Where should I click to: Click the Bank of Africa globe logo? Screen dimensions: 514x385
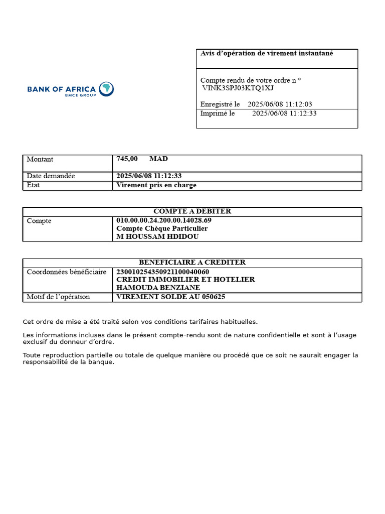click(x=106, y=89)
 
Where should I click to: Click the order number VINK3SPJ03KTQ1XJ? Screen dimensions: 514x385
click(x=238, y=88)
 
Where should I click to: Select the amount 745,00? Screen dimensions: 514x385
click(x=127, y=159)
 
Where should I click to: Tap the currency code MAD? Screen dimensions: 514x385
click(x=158, y=159)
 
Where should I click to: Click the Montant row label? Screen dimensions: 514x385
click(x=40, y=159)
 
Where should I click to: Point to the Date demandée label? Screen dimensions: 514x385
click(x=51, y=176)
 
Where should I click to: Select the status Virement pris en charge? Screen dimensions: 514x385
click(x=156, y=185)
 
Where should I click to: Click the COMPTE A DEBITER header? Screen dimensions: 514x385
click(x=192, y=211)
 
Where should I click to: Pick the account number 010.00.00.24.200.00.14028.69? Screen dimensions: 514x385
click(x=164, y=220)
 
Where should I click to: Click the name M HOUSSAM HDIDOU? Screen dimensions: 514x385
click(x=157, y=236)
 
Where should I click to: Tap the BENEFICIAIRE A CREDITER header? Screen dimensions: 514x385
click(x=192, y=263)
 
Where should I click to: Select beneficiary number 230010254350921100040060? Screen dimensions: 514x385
click(x=162, y=272)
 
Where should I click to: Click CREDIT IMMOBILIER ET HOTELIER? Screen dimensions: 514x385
click(x=185, y=280)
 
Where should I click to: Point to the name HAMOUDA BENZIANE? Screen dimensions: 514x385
click(x=158, y=288)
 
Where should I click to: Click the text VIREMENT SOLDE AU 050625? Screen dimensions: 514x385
click(x=171, y=297)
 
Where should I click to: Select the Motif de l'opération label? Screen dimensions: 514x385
click(x=58, y=297)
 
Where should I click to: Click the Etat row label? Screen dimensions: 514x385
click(x=33, y=185)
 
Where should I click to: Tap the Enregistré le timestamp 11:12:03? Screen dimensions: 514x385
click(x=299, y=104)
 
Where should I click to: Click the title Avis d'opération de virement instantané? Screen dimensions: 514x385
click(x=267, y=53)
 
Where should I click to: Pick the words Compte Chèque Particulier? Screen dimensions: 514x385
click(x=162, y=228)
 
